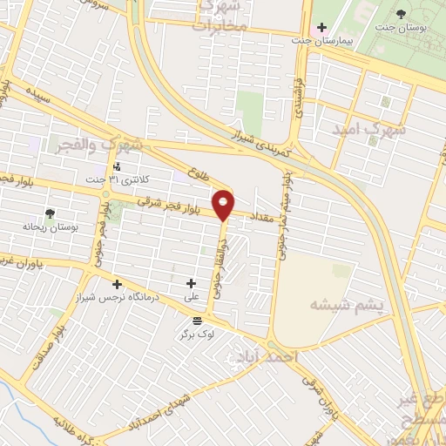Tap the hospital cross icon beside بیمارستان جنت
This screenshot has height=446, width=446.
click(x=322, y=28)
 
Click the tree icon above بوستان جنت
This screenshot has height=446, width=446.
click(x=401, y=14)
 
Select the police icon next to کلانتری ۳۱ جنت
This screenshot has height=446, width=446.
click(x=117, y=166)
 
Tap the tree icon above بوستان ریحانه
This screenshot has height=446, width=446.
click(x=50, y=213)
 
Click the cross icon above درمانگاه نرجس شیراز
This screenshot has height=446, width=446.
click(x=117, y=284)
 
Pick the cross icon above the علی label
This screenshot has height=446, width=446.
click(x=192, y=283)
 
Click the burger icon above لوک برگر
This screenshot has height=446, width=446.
click(x=197, y=321)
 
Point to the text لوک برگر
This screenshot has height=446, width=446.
click(x=197, y=334)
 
